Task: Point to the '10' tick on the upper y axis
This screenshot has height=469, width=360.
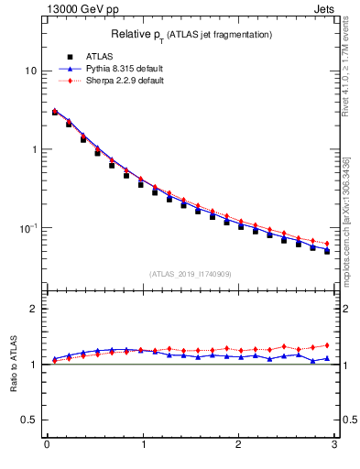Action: coord(31,71)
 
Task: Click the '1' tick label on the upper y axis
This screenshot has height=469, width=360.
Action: coord(34,149)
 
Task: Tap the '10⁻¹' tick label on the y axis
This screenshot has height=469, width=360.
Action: coord(28,227)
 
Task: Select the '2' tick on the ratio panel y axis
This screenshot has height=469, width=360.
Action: coord(34,309)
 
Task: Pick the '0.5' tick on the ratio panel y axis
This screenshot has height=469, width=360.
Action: coord(29,420)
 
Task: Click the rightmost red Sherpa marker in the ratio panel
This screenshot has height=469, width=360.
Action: coord(326,345)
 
